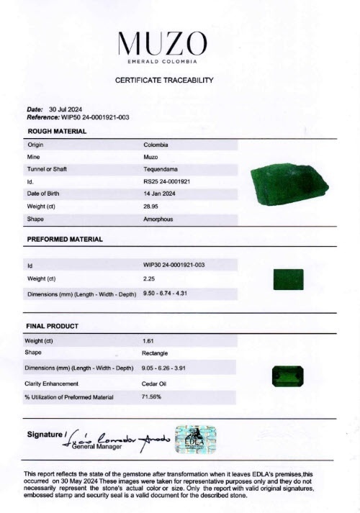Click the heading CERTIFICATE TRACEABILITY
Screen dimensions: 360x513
[180, 80]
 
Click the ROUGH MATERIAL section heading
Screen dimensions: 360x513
[57, 132]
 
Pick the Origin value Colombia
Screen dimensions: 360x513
[156, 144]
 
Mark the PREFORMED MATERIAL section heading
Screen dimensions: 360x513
[65, 239]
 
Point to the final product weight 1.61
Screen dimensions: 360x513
[149, 340]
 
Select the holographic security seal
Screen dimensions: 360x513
[196, 438]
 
